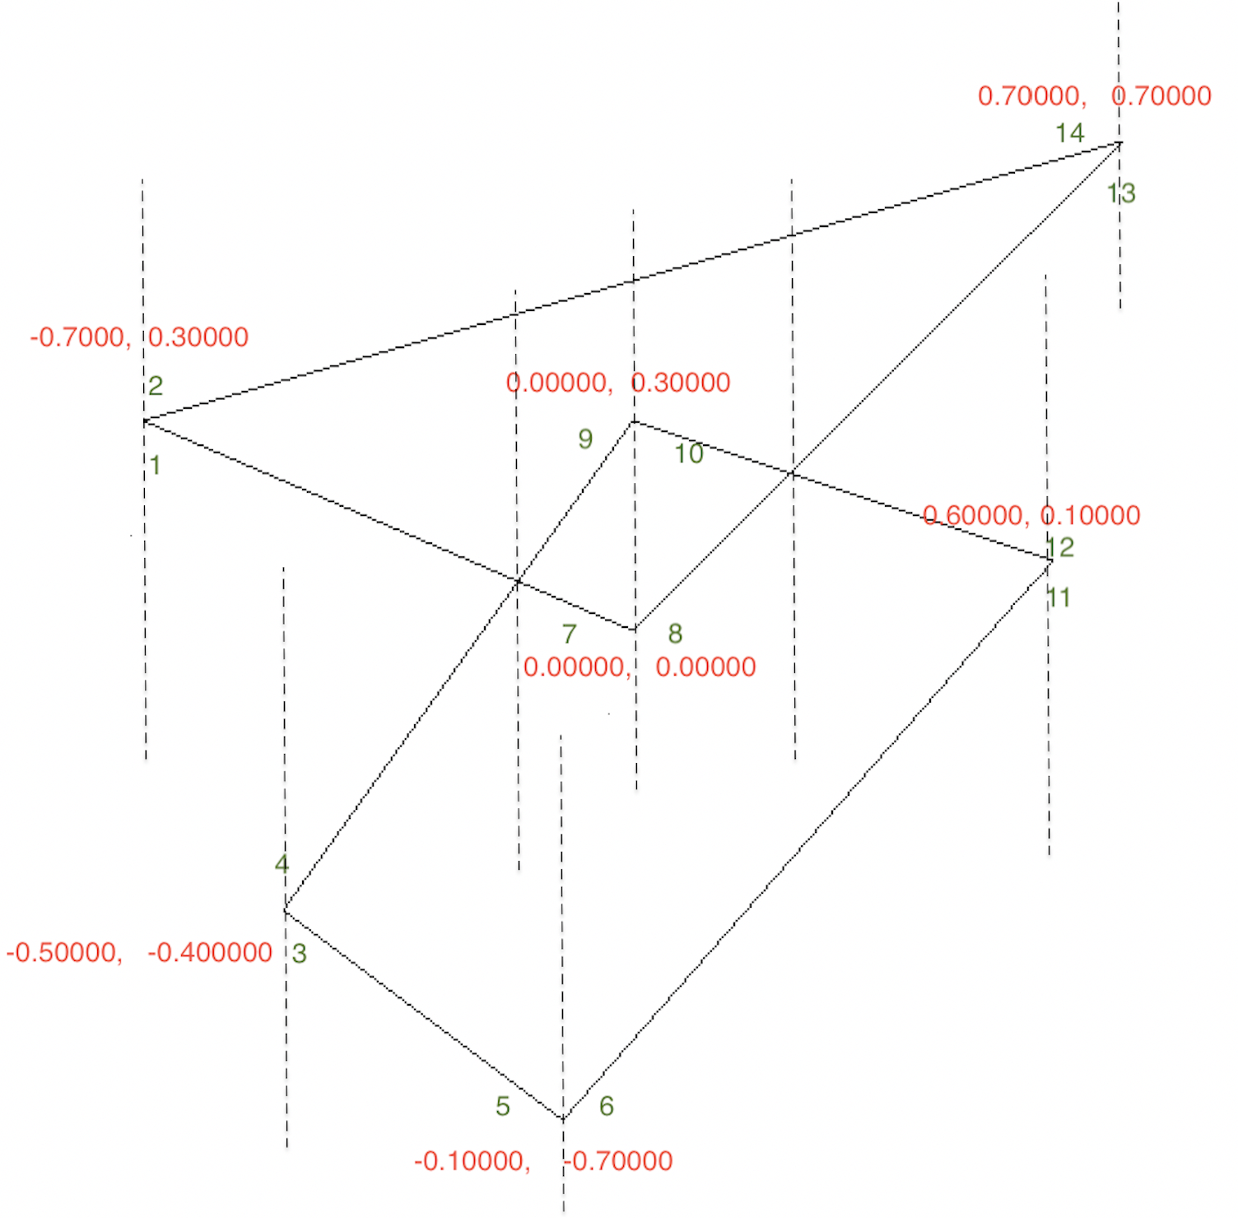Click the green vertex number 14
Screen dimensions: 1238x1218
coord(1069,132)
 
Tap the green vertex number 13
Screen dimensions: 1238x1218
coord(1121,193)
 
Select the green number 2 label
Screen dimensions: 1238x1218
coord(155,385)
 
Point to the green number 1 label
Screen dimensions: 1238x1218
coord(155,465)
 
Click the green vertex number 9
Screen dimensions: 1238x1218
coord(585,439)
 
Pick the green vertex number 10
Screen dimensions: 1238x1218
coord(689,453)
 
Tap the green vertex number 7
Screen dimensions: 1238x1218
coord(569,634)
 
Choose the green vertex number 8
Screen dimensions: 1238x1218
coord(675,633)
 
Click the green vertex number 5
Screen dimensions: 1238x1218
coord(502,1106)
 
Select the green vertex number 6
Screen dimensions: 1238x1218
coord(606,1105)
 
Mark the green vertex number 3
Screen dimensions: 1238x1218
coord(299,954)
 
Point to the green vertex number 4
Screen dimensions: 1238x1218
coord(282,863)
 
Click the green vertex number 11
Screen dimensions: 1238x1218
coord(1059,597)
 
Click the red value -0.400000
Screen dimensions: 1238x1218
coord(210,952)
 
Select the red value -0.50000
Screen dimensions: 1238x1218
coord(64,952)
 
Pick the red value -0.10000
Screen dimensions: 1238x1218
coord(471,1161)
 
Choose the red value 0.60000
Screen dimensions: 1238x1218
coord(975,516)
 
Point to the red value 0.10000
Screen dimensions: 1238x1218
coord(1091,516)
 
